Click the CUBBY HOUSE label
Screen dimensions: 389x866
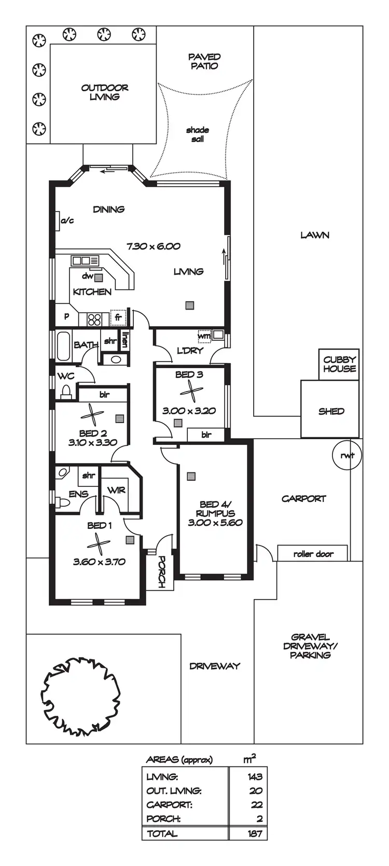(339, 364)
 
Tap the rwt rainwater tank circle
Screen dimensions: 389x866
(346, 455)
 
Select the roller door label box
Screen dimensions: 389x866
(313, 553)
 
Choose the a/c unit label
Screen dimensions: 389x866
(67, 221)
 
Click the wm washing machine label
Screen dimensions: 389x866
(204, 336)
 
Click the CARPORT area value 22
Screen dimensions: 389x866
(256, 805)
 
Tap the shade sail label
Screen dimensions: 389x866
(198, 134)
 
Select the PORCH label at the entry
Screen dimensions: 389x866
(161, 571)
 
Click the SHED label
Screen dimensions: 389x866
(331, 411)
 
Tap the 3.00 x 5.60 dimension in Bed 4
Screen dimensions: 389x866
(215, 523)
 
